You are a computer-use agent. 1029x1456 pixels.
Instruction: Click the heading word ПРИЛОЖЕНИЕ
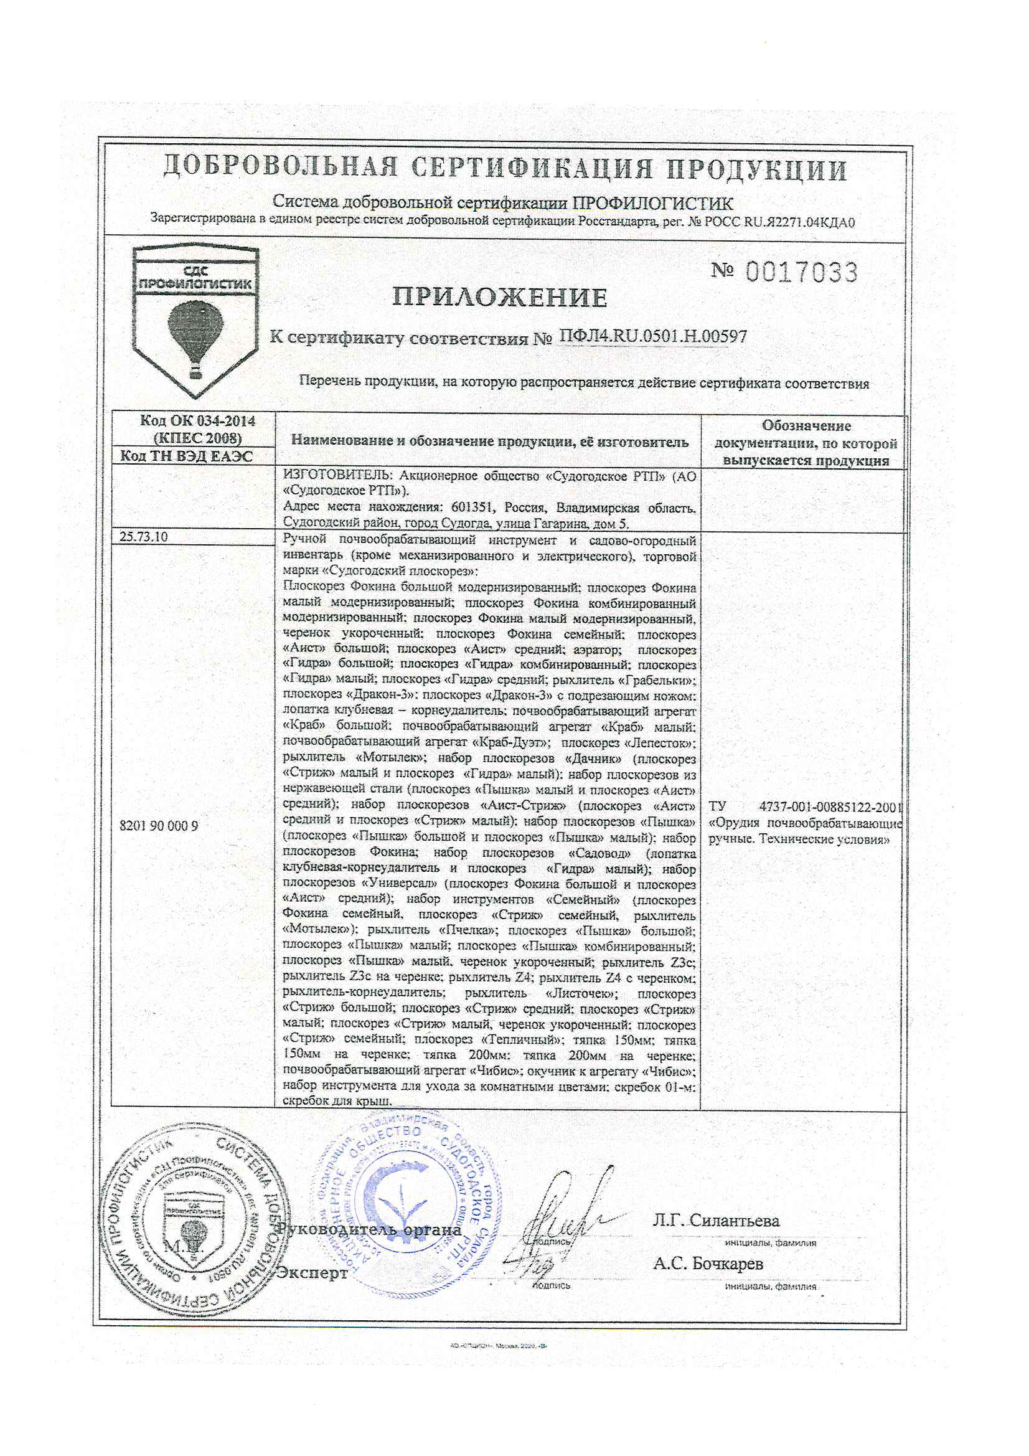point(500,298)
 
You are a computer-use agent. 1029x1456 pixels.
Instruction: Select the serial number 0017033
point(802,273)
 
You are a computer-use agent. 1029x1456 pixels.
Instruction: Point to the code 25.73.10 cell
point(144,537)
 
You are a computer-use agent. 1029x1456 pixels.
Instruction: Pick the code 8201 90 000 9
point(159,826)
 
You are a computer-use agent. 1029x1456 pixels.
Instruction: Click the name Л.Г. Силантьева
point(717,1220)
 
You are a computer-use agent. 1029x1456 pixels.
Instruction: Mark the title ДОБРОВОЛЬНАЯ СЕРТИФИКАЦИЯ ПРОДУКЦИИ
point(505,169)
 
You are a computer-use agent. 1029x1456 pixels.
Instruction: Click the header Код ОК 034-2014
point(197,421)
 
